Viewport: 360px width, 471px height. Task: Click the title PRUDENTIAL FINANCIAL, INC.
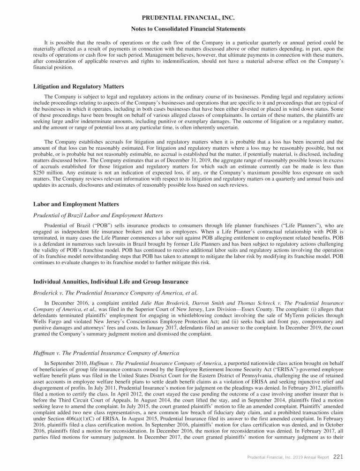pos(180,17)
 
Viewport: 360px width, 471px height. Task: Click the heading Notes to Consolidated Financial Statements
pos(180,29)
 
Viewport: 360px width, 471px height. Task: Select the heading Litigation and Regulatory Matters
pos(79,86)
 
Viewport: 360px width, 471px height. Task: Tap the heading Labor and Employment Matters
pos(76,205)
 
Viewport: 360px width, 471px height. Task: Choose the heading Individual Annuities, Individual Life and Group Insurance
pos(111,281)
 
